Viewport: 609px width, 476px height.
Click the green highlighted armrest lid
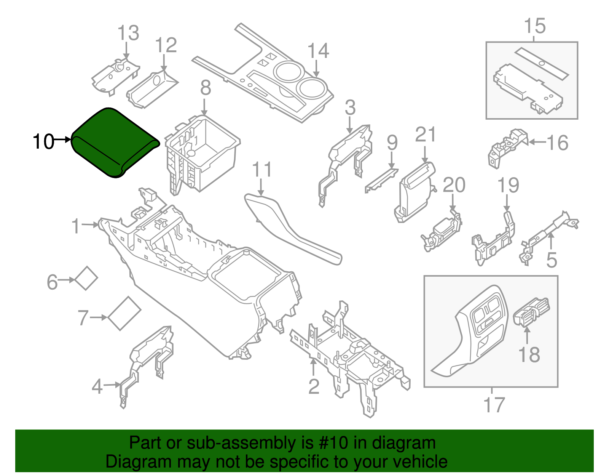point(114,141)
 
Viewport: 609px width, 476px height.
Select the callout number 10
point(43,142)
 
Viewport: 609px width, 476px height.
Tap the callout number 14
point(318,51)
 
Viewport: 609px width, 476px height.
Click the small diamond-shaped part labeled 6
point(86,278)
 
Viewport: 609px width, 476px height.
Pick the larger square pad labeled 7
point(124,313)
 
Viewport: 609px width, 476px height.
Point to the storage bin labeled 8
point(206,152)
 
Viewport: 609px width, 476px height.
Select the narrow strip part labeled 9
point(381,181)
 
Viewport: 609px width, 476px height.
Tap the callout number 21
point(425,135)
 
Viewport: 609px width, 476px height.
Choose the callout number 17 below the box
point(494,405)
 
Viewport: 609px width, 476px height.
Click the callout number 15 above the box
point(534,26)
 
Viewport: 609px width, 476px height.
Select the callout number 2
point(314,386)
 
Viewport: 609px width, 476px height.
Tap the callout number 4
point(97,386)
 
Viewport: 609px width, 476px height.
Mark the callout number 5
point(552,260)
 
